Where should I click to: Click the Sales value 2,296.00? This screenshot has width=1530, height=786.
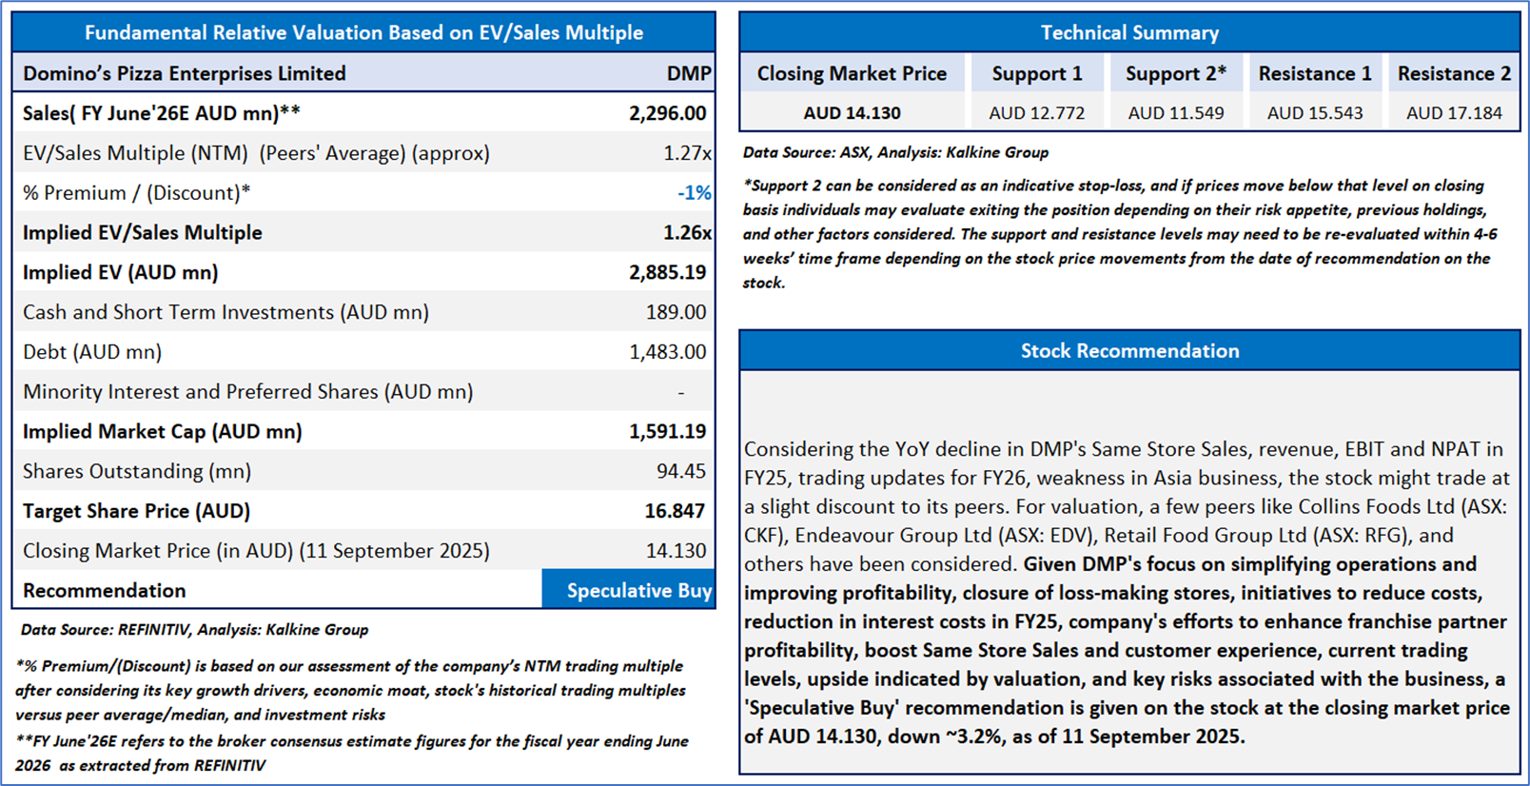pyautogui.click(x=667, y=113)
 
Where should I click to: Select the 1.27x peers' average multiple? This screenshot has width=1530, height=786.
pyautogui.click(x=686, y=153)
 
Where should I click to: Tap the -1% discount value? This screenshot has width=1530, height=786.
pyautogui.click(x=694, y=193)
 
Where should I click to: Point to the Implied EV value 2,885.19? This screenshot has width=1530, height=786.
pyautogui.click(x=667, y=272)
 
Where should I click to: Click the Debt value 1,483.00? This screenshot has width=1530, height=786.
pyautogui.click(x=667, y=352)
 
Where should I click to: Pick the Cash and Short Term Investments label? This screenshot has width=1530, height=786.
pyautogui.click(x=226, y=312)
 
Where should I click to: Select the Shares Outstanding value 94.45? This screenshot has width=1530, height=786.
pyautogui.click(x=680, y=471)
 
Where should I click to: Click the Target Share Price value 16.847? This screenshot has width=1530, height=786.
pyautogui.click(x=675, y=511)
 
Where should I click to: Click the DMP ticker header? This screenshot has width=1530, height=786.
pyautogui.click(x=688, y=73)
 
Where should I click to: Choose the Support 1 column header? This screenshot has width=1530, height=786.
pyautogui.click(x=1037, y=73)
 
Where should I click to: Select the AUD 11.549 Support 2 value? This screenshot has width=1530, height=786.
pyautogui.click(x=1176, y=113)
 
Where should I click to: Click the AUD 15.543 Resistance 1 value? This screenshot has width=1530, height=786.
pyautogui.click(x=1315, y=113)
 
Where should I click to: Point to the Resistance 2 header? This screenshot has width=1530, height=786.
pyautogui.click(x=1454, y=73)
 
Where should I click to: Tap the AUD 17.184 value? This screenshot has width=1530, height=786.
pyautogui.click(x=1454, y=113)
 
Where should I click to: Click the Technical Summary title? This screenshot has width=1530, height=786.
pyautogui.click(x=1129, y=33)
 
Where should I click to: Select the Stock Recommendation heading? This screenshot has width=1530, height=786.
pyautogui.click(x=1129, y=351)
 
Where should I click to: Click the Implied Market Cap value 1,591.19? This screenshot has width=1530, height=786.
pyautogui.click(x=667, y=431)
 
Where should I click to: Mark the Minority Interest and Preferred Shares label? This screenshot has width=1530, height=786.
pyautogui.click(x=247, y=392)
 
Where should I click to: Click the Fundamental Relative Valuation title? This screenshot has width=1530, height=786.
pyautogui.click(x=363, y=33)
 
